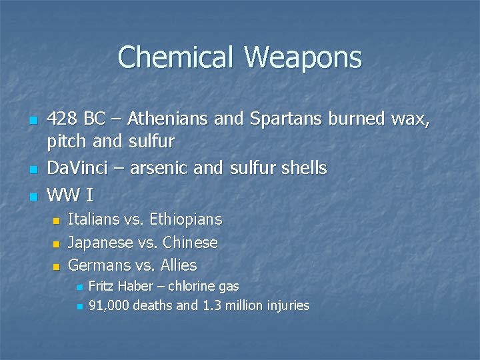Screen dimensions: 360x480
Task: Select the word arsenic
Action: [158, 168]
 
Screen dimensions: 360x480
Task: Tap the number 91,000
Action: [109, 306]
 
